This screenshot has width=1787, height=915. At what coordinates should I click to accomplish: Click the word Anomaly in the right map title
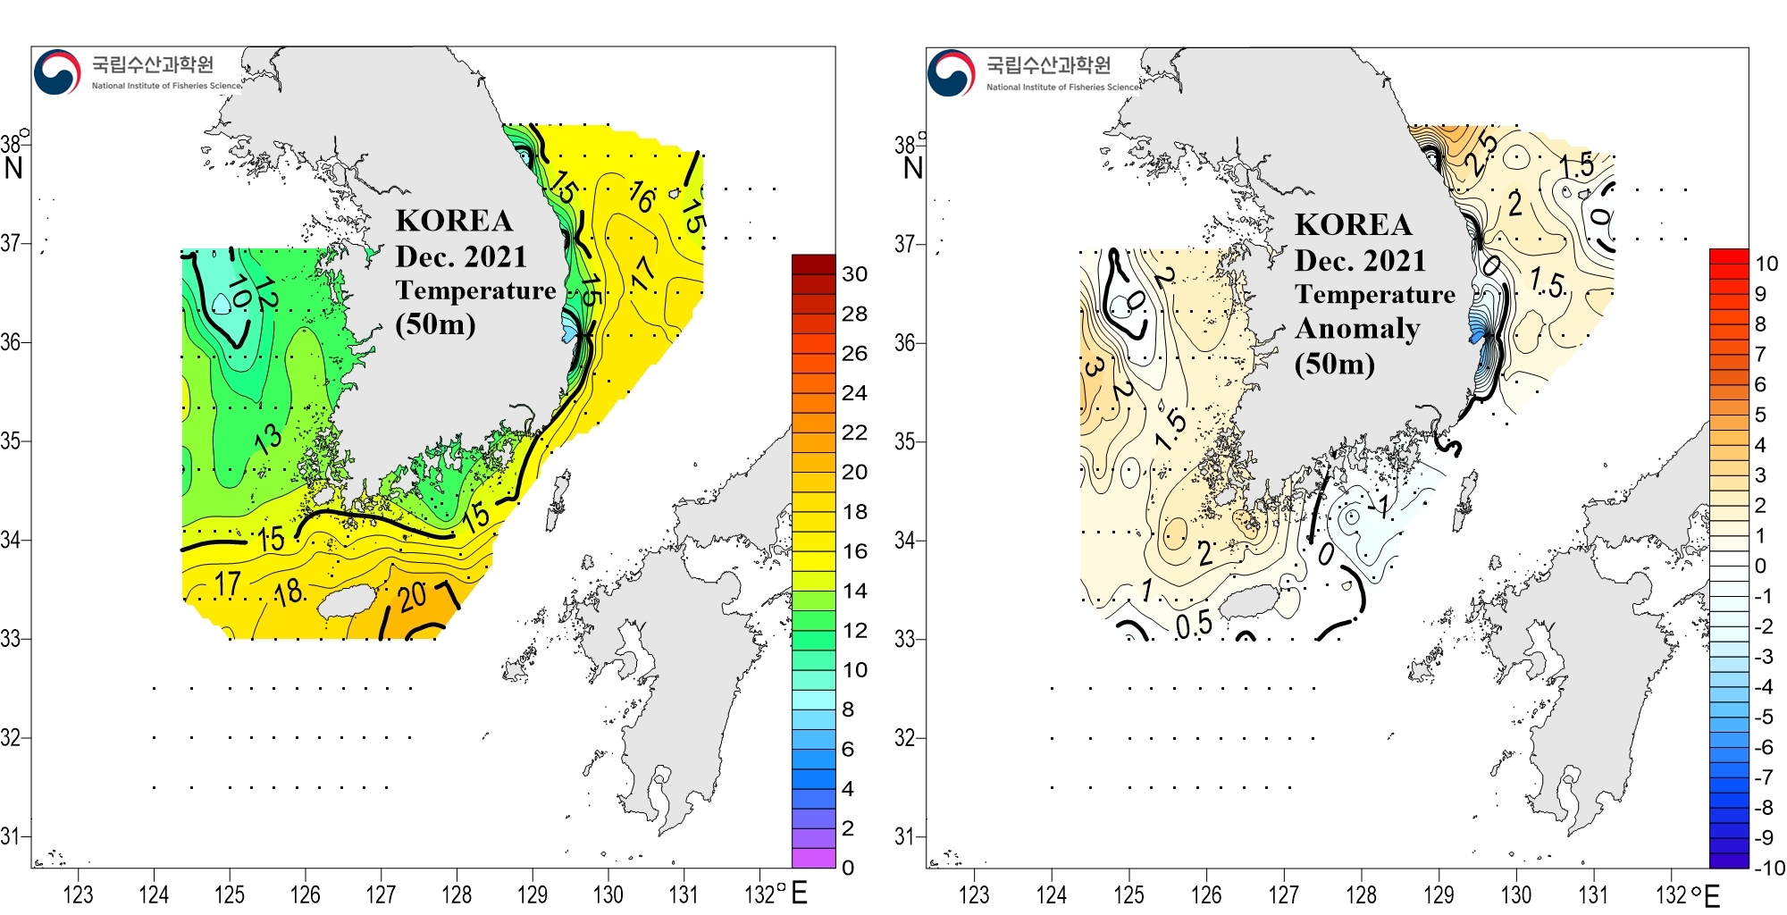(1357, 329)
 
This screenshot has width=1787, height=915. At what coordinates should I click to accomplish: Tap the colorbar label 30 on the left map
(854, 274)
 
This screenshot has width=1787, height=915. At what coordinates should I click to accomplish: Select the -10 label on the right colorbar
(1768, 868)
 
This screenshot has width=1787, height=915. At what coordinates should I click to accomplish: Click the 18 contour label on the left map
(289, 592)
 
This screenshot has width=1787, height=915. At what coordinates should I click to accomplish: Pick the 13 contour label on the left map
(268, 438)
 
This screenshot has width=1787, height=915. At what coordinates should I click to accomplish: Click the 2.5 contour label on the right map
(1481, 152)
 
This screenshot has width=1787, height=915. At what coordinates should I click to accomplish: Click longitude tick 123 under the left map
(78, 894)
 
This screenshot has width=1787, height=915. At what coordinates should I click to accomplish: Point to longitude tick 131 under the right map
(1593, 894)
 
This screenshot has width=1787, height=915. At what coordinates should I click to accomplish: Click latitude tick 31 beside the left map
(10, 836)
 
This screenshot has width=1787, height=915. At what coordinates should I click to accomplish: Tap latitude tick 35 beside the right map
(905, 441)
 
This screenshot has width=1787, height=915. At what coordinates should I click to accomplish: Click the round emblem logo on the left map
(57, 71)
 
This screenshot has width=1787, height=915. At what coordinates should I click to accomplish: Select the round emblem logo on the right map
(951, 72)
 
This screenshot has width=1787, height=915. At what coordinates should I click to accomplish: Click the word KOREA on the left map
(454, 221)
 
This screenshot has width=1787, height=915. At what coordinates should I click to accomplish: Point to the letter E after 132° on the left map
(799, 893)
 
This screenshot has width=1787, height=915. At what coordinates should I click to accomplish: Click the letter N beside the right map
(912, 168)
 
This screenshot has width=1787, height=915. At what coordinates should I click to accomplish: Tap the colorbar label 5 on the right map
(1760, 415)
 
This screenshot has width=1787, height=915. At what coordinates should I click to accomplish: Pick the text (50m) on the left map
(435, 323)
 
